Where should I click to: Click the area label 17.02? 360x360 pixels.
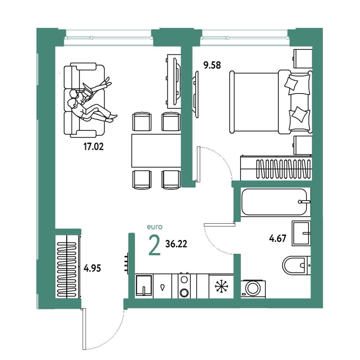click(94, 147)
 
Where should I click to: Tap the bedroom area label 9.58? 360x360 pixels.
click(212, 65)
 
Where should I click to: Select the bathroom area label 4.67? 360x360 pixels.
click(278, 238)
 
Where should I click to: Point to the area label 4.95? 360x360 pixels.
click(92, 268)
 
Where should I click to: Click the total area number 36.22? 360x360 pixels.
click(176, 244)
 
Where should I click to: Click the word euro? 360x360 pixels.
click(155, 227)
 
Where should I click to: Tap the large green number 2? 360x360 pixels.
click(154, 246)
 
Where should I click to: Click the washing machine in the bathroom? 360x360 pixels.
click(253, 289)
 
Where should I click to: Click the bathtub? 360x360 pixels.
click(274, 202)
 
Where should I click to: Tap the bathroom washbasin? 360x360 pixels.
click(301, 233)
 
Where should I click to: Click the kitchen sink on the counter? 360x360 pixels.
click(144, 285)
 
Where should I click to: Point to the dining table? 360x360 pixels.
click(156, 150)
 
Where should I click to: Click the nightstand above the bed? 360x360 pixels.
click(303, 58)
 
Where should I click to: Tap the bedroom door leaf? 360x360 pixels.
click(199, 164)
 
